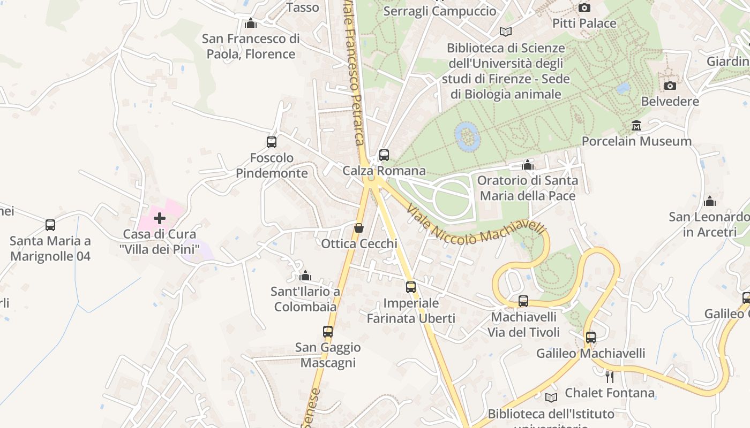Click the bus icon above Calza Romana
384,155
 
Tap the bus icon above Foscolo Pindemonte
272,142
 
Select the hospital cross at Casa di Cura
160,218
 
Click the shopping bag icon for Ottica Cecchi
359,228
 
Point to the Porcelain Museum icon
636,126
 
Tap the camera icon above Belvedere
670,86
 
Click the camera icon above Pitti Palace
584,7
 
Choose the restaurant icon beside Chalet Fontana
609,377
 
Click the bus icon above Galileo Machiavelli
590,338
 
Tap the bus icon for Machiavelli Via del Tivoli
523,301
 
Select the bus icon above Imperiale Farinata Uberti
411,287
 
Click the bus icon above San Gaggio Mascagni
328,332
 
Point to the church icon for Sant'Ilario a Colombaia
305,276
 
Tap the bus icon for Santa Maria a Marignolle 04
50,225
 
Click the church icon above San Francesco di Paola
251,24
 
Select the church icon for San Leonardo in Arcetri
710,201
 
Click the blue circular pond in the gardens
467,136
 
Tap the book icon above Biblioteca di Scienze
505,32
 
